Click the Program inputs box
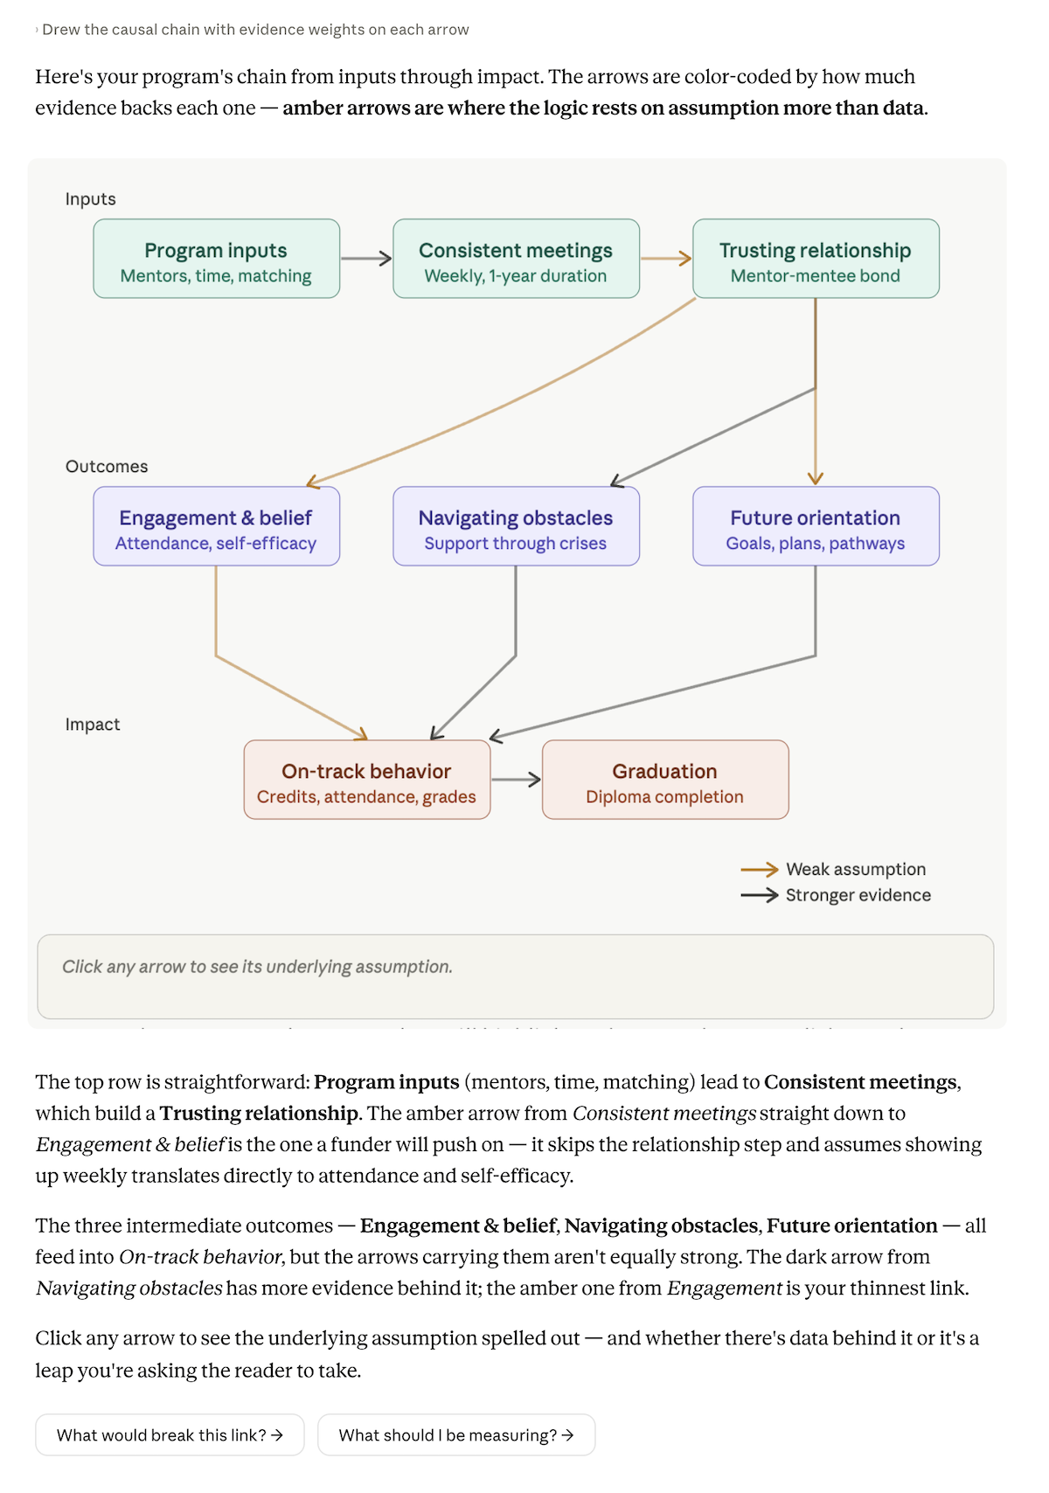pos(217,259)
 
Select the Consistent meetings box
pos(517,259)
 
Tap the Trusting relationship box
pos(816,259)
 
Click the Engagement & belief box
pos(217,526)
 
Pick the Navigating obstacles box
pos(517,526)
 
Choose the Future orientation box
pos(816,526)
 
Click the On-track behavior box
pos(367,780)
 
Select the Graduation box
pos(666,780)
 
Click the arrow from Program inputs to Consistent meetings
pos(366,259)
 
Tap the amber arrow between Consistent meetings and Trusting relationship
pos(666,259)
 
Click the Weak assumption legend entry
pos(833,869)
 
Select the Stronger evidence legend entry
pos(836,895)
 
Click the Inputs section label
pos(91,199)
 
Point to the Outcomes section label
pos(107,467)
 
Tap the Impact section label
pos(93,725)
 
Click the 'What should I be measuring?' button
pos(456,1435)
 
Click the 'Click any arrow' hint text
pos(257,967)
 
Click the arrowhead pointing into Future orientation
pos(816,478)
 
